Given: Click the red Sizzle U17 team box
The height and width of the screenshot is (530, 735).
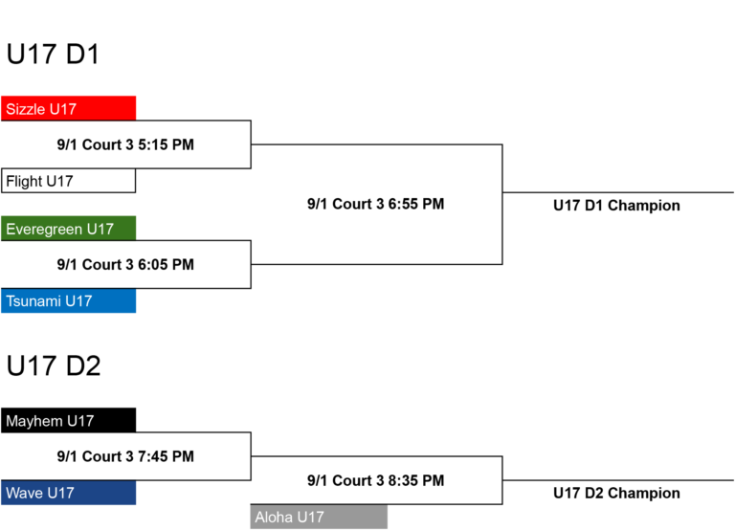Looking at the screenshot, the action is coord(69,108).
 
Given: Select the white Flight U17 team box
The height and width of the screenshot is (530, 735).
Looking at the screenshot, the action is coord(69,181).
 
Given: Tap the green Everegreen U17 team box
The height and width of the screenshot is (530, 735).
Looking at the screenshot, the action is coord(69,229).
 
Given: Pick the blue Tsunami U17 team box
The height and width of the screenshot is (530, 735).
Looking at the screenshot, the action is coord(69,300).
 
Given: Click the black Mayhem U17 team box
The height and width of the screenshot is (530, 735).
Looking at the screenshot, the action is coord(69,420).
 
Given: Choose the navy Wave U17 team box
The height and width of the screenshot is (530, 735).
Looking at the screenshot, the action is coord(69,493).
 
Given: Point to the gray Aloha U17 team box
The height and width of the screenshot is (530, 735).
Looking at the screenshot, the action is coord(319,517).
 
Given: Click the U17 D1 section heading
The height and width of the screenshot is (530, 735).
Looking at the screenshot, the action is coord(53,54).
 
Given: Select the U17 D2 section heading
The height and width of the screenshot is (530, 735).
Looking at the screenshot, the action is coord(54,366).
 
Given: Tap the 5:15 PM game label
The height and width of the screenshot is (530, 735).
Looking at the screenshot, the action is coord(125,144).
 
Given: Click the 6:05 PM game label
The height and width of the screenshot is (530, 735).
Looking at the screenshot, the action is coord(125,264).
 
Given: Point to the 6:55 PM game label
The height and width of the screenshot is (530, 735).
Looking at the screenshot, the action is coord(376,204).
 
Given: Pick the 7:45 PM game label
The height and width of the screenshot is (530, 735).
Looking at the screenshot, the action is coord(125,456).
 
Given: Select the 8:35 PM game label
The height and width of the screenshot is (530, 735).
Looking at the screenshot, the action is coord(376,480).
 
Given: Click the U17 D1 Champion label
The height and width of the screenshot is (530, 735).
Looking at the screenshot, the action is coord(616,206).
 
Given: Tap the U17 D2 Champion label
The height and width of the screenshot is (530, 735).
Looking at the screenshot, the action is coord(616,493).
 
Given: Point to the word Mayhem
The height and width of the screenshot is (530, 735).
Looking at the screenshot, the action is coord(34,421).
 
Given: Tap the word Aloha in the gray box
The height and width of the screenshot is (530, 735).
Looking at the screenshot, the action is coord(274,518).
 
